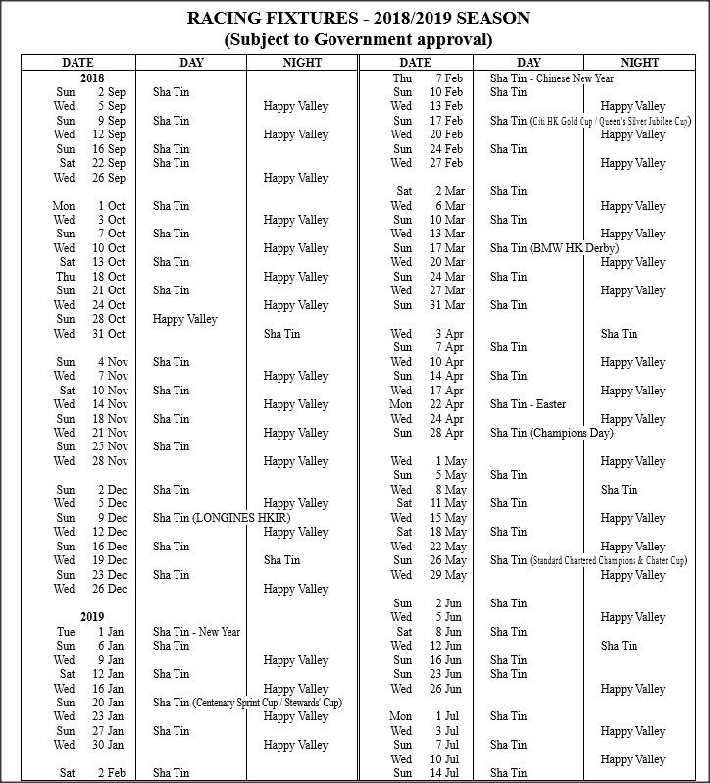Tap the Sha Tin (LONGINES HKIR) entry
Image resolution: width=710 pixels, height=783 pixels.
(x=221, y=518)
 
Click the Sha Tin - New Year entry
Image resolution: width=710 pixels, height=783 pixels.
(x=196, y=632)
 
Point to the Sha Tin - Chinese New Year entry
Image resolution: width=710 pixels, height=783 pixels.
(x=552, y=78)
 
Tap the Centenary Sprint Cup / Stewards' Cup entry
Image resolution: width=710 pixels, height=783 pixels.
(x=247, y=703)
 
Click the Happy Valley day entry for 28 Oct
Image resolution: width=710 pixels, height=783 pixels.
(x=184, y=319)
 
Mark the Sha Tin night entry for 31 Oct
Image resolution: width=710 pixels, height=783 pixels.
(x=281, y=334)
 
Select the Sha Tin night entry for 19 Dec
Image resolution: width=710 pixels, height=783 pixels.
(x=281, y=560)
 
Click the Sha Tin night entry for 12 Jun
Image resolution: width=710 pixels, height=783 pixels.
(x=619, y=646)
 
